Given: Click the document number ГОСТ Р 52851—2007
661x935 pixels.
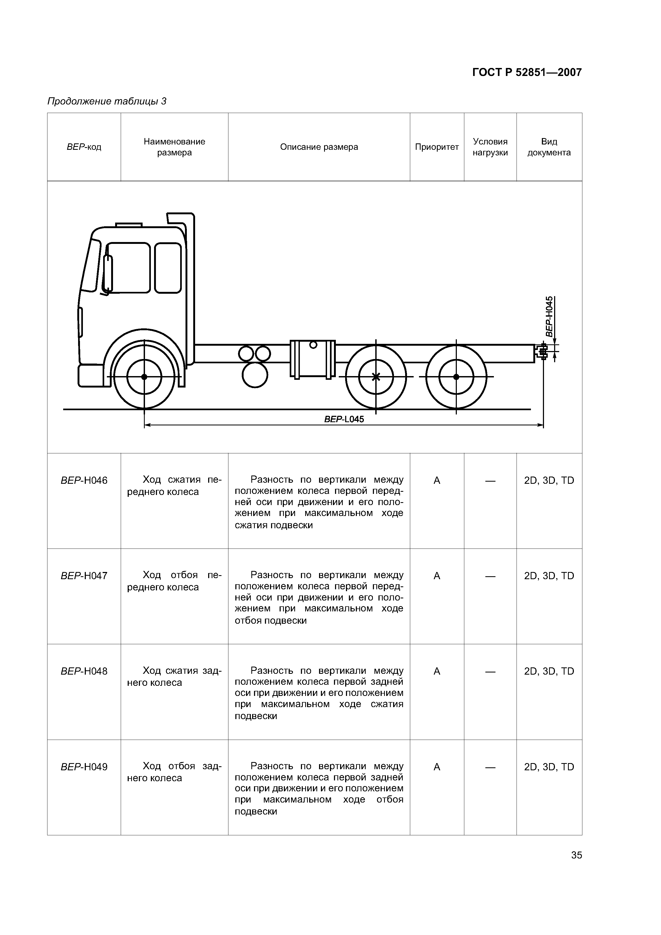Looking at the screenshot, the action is click(x=527, y=72).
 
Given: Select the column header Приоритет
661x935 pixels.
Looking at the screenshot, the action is click(x=437, y=147).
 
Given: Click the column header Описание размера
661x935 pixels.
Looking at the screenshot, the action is click(x=319, y=147).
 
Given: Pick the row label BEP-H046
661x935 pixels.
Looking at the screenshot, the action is click(x=84, y=481).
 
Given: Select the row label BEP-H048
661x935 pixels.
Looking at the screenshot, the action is click(x=84, y=671).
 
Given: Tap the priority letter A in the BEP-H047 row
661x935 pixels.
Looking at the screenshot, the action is click(x=437, y=576).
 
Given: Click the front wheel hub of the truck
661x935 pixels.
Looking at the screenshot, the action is click(x=144, y=377).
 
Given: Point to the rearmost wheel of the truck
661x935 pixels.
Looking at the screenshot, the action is click(x=456, y=377).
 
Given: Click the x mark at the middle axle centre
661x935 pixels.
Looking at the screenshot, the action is click(x=376, y=377).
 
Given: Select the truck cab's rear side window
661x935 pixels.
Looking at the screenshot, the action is click(x=168, y=268).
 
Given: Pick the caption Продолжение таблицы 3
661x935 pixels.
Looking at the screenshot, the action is click(x=107, y=101).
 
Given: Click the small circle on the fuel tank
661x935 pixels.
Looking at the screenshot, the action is click(x=313, y=345).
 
